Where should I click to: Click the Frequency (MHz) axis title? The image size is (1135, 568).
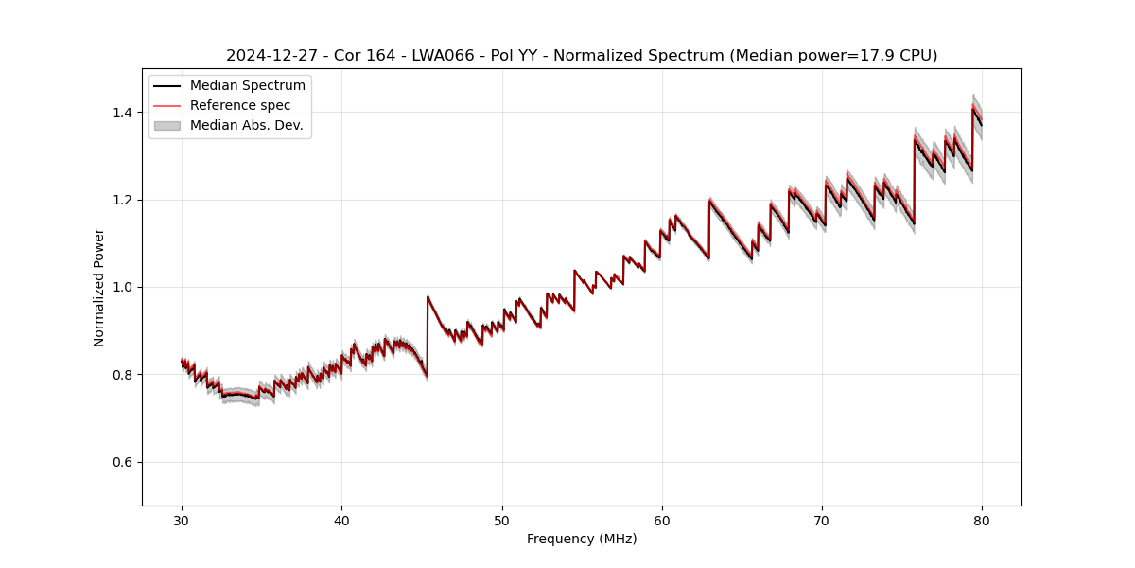point(582,539)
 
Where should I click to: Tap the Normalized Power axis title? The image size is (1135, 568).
point(99,287)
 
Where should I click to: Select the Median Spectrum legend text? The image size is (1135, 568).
point(248,86)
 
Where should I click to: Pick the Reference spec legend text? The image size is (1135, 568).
point(240,105)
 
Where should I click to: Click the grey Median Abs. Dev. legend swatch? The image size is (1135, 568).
point(167,125)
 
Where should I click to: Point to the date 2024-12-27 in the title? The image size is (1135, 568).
point(265,56)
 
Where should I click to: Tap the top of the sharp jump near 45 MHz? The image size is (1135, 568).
point(428,296)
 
